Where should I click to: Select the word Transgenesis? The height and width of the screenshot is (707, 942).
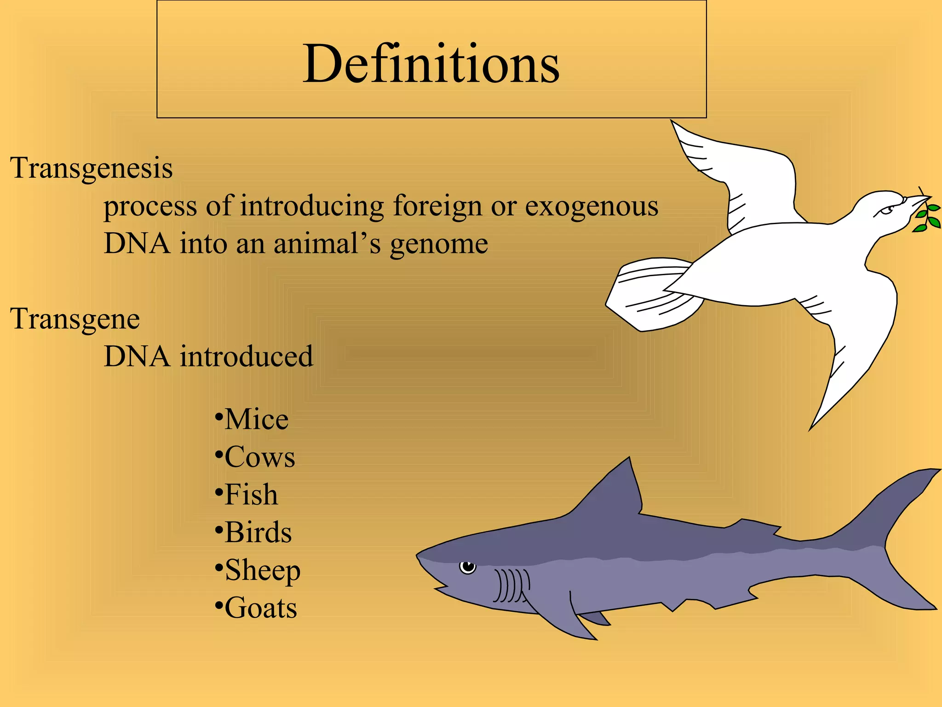(91, 168)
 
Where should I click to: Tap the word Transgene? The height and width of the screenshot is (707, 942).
(75, 319)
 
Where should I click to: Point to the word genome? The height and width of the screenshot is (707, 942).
(439, 244)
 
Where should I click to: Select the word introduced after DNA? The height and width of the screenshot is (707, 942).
(246, 356)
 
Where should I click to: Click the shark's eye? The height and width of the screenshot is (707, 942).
(468, 566)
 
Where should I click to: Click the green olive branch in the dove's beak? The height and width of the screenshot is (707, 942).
(927, 217)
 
